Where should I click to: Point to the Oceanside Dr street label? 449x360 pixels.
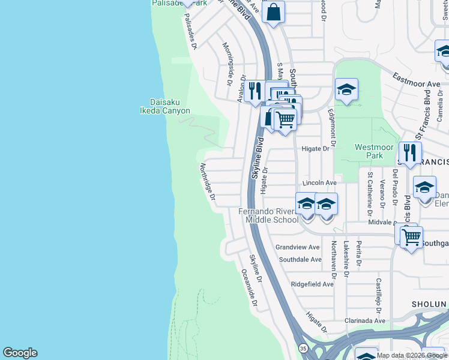coord(249,289)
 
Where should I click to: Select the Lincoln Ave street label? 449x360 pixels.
coord(319,182)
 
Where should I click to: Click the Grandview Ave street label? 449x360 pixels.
coord(297,247)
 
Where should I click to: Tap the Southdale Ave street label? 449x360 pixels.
coord(301,260)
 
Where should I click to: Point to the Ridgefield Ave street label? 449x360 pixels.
coord(312,284)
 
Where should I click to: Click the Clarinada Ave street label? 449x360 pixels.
coord(365,321)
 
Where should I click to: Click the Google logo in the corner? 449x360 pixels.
coord(20,353)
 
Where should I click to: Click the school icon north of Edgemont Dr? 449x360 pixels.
coord(346,89)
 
